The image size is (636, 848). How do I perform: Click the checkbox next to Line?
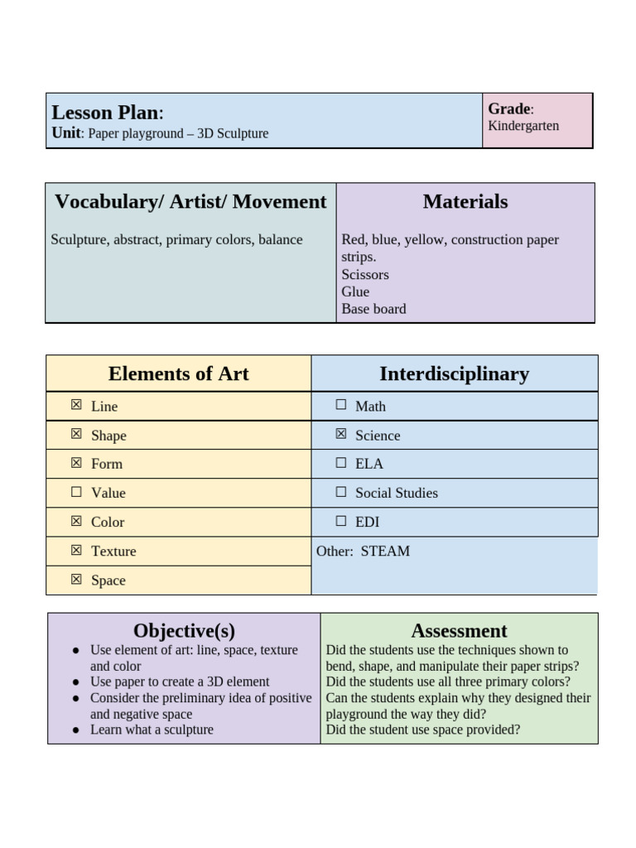click(76, 405)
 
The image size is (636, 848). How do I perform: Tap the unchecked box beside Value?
click(76, 492)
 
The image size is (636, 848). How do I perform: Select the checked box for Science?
click(340, 434)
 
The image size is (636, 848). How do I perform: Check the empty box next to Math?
click(340, 405)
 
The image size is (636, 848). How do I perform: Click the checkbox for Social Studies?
click(340, 492)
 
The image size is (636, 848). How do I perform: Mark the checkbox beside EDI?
click(340, 521)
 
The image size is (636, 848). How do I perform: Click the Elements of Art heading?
click(178, 373)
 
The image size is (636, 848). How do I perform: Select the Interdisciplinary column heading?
click(454, 373)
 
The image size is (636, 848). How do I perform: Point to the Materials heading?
click(465, 201)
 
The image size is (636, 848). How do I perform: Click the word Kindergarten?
click(523, 126)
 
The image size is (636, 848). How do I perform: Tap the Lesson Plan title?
click(106, 113)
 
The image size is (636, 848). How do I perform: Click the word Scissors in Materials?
click(364, 274)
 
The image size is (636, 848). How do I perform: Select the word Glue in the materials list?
click(355, 291)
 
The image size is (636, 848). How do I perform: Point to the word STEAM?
click(385, 551)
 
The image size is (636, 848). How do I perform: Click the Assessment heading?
click(459, 631)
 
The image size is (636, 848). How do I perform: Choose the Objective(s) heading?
click(184, 631)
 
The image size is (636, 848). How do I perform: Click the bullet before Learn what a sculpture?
click(76, 730)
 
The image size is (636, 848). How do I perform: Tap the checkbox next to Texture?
click(76, 550)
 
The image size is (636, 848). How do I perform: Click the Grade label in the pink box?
click(508, 109)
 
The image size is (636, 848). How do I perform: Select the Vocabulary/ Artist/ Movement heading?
click(190, 201)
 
